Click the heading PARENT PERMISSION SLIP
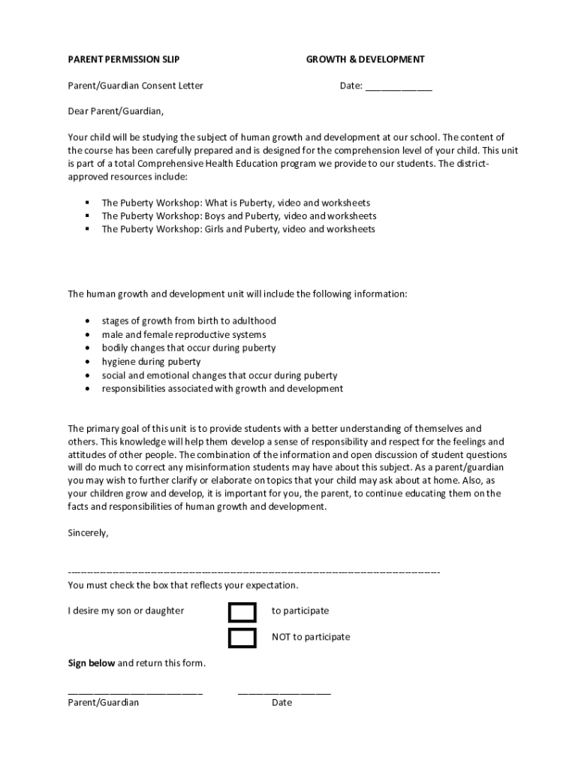point(124,59)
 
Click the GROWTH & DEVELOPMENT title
point(365,59)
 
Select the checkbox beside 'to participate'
point(242,612)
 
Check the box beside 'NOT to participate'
point(242,638)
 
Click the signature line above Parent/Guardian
point(135,692)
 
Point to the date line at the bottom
point(284,692)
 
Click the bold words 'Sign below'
point(92,663)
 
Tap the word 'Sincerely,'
point(89,532)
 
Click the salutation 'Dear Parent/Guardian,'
point(116,111)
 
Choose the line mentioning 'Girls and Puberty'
point(238,229)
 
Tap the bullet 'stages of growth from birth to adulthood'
point(189,321)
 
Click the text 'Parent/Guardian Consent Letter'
point(135,86)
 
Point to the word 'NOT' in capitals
point(281,637)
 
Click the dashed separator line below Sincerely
point(254,572)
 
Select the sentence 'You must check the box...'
point(183,585)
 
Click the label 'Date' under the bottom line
point(281,703)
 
